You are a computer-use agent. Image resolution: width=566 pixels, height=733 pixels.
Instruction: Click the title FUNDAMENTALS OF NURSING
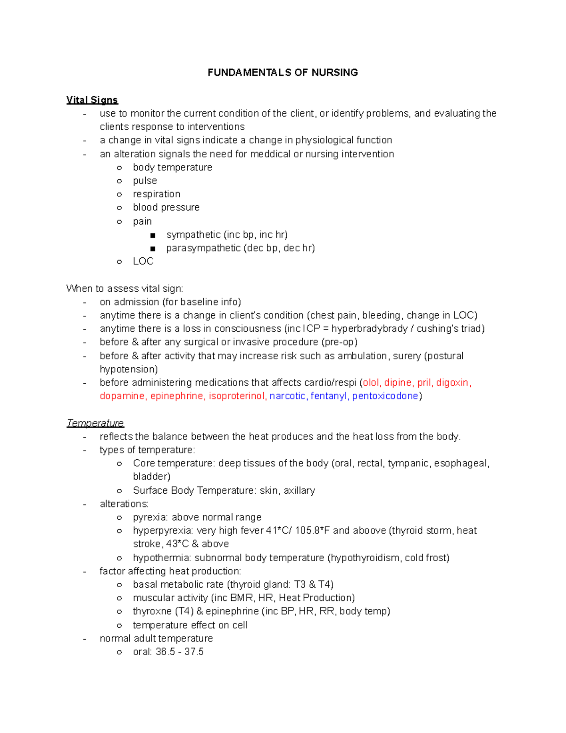point(283,73)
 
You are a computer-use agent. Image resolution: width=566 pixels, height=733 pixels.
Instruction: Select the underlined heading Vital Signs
point(92,100)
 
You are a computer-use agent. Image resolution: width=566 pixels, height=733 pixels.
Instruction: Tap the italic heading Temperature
point(95,423)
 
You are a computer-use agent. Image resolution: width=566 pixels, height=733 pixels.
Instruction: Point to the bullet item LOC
point(143,261)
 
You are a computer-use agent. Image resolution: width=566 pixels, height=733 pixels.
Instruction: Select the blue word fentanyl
point(328,396)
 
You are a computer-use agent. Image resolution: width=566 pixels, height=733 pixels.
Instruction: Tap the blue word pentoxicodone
point(385,396)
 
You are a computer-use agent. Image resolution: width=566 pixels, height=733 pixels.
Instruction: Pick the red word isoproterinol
point(237,396)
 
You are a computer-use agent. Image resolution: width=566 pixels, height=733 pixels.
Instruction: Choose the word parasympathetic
point(203,248)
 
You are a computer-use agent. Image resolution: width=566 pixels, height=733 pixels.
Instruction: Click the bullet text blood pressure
point(166,208)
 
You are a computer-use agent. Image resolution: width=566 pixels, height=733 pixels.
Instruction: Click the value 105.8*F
point(313,531)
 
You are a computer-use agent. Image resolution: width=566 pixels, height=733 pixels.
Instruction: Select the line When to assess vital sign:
point(125,289)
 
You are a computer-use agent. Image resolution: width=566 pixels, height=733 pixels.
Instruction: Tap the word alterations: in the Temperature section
point(124,504)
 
